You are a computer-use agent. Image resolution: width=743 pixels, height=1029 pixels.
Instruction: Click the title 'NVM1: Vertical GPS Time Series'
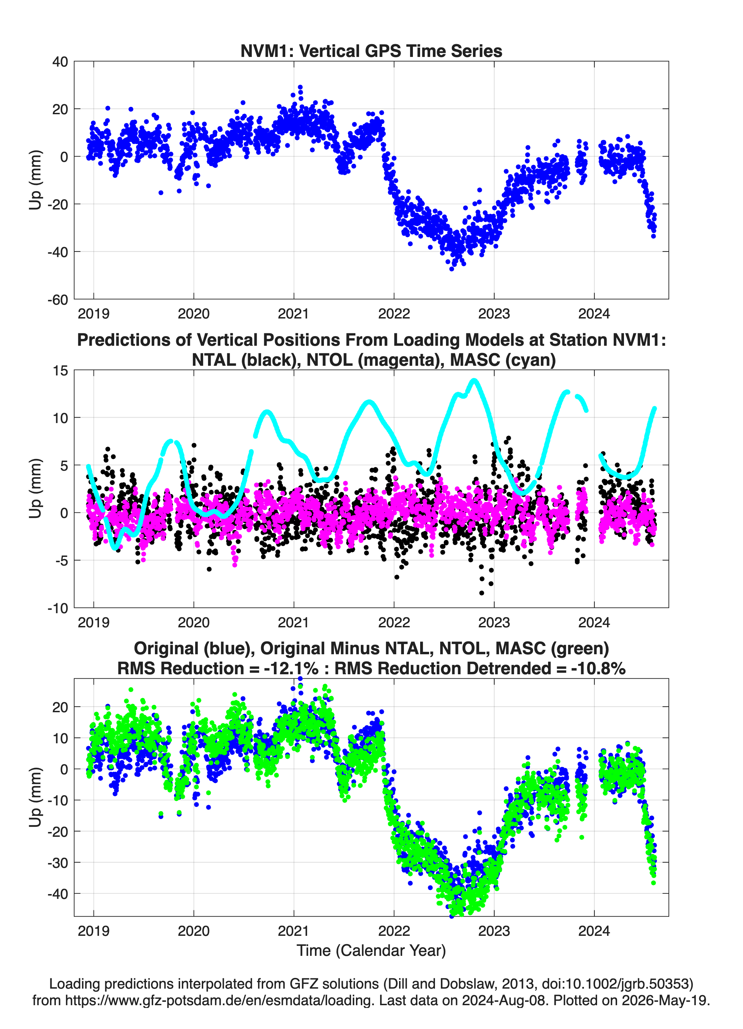pos(371,51)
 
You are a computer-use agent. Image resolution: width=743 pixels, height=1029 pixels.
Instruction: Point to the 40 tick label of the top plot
pos(60,62)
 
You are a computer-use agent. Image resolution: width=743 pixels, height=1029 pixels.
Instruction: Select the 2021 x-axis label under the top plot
pos(294,314)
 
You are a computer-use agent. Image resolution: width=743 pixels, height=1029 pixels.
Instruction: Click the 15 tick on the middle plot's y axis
pos(60,371)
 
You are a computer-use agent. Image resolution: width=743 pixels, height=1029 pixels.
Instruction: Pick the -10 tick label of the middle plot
pos(58,608)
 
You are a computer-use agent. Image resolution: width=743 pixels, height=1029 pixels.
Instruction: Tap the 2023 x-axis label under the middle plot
pos(494,622)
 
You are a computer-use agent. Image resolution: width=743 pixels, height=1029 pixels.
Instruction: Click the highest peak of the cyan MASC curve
pos(474,380)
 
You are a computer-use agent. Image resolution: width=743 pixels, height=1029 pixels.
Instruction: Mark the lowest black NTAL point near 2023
pos(482,593)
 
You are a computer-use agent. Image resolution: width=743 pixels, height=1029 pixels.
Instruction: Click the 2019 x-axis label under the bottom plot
pos(93,931)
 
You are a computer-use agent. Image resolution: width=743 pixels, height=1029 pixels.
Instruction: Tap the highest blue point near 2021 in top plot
pos(300,87)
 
